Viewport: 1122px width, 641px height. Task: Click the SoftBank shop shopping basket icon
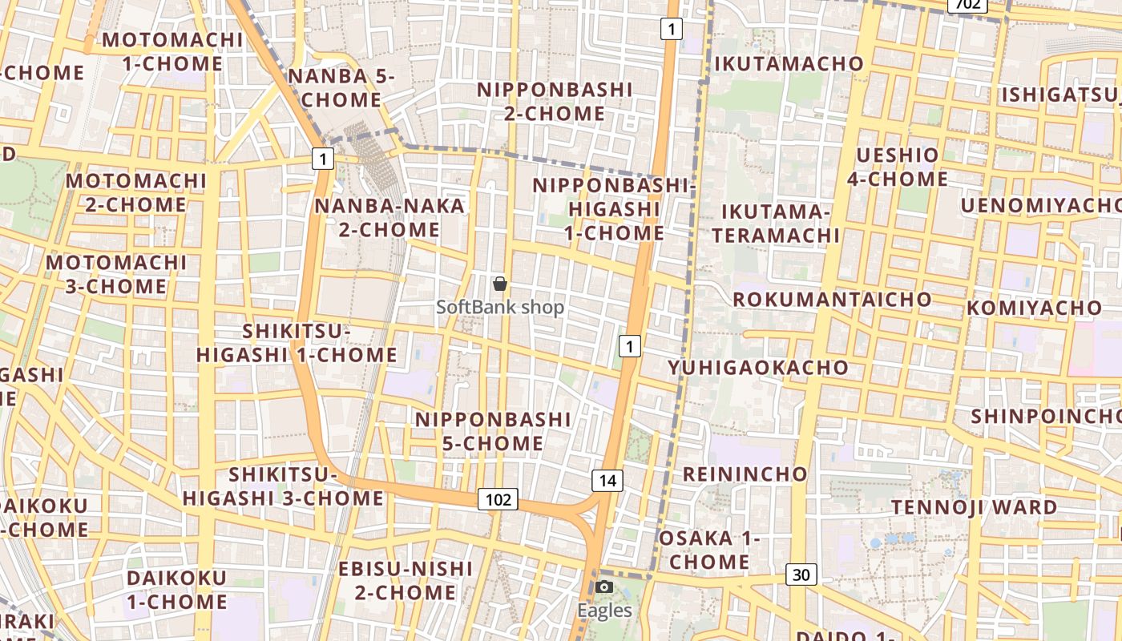point(500,284)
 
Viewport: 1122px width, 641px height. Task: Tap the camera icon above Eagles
point(605,587)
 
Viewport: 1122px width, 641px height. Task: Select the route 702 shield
point(967,5)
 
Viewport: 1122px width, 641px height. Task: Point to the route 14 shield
point(607,480)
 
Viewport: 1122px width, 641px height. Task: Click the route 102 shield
point(498,499)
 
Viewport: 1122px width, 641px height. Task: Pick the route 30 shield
point(801,574)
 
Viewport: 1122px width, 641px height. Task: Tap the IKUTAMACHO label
point(789,63)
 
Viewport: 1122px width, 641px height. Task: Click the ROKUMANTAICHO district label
point(833,300)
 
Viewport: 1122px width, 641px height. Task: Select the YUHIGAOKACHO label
point(758,368)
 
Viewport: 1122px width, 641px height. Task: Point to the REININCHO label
point(745,474)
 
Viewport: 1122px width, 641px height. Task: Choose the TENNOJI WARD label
point(975,507)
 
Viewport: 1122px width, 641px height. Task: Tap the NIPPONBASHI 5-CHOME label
point(493,431)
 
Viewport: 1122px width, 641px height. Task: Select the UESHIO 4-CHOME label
point(898,167)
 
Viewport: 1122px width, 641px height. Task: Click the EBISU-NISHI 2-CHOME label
point(406,580)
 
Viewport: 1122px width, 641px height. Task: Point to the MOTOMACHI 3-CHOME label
point(116,274)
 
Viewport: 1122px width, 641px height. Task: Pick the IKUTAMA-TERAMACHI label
point(776,224)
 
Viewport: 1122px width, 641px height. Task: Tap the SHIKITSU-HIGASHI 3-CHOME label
point(283,486)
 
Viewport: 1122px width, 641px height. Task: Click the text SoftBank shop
point(500,307)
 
